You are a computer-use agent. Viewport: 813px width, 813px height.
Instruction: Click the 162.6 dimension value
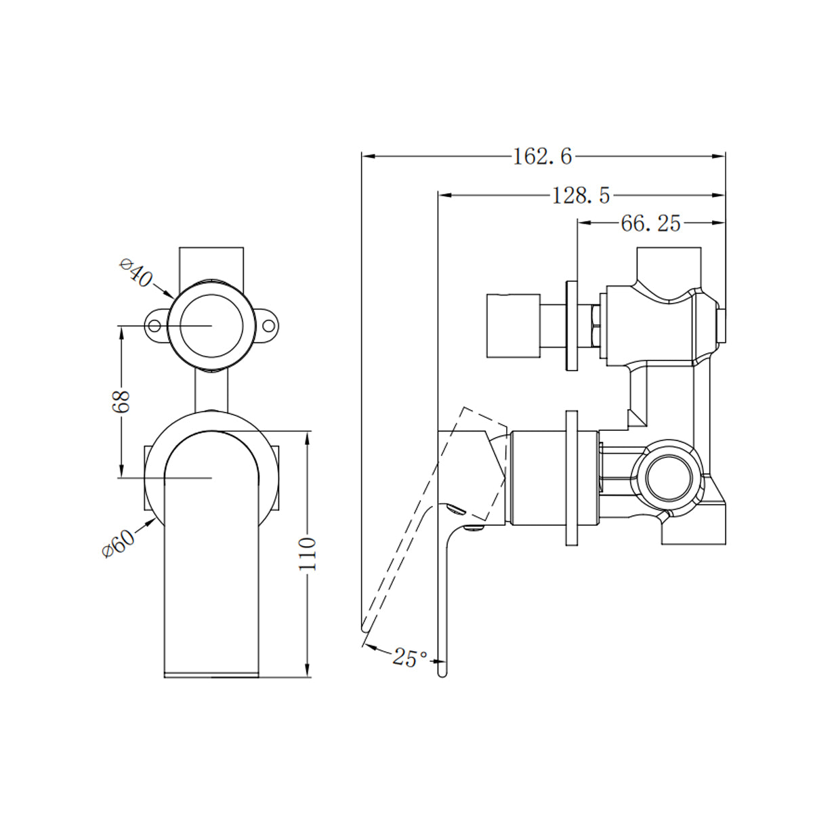click(542, 157)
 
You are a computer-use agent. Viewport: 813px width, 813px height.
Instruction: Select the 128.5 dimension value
click(581, 196)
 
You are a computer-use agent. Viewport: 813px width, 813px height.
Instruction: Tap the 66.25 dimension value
click(650, 224)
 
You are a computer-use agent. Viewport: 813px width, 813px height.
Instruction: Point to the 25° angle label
click(410, 657)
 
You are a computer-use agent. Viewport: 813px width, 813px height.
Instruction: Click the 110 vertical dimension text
click(308, 554)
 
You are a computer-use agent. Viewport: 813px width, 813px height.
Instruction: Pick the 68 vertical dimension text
click(121, 402)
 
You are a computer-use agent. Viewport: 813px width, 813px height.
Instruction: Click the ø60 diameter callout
click(119, 541)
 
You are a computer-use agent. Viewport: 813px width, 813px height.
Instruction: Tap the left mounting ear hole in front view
click(155, 327)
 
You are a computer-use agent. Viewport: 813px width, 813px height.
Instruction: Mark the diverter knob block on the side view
click(513, 325)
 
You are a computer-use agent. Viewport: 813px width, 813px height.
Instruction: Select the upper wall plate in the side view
click(571, 325)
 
